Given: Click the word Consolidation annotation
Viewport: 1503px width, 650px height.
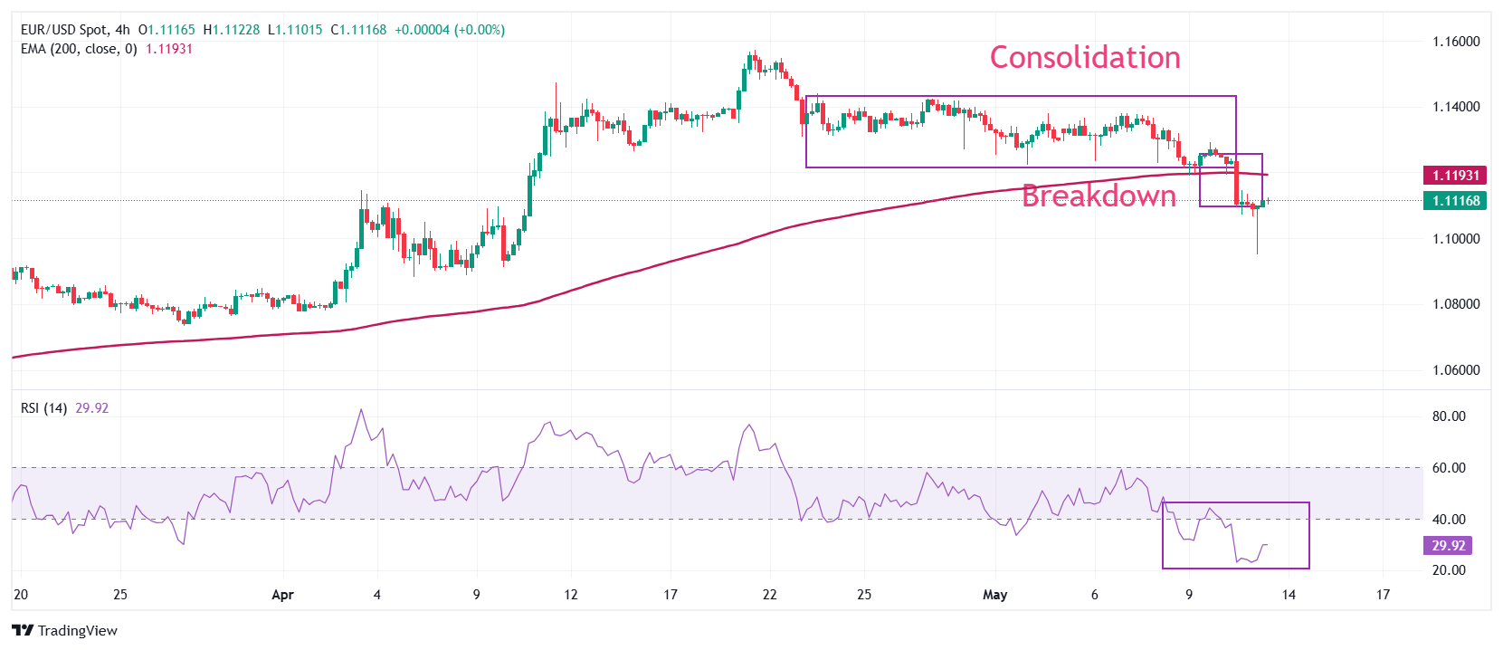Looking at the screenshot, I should pyautogui.click(x=1084, y=58).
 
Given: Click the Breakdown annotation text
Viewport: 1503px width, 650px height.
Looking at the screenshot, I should pyautogui.click(x=1099, y=196).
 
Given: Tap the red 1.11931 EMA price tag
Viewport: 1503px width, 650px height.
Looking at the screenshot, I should pyautogui.click(x=1455, y=176).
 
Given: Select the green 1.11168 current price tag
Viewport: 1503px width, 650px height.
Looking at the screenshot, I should pyautogui.click(x=1455, y=201).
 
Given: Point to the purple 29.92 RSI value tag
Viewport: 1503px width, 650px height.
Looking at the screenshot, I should pyautogui.click(x=1448, y=546).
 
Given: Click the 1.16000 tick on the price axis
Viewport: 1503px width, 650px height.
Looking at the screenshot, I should pyautogui.click(x=1456, y=42).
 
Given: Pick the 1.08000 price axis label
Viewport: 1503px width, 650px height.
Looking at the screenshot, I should pyautogui.click(x=1456, y=304).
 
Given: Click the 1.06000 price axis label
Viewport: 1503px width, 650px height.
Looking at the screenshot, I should pyautogui.click(x=1456, y=370).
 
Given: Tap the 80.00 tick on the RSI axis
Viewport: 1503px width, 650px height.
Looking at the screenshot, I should pyautogui.click(x=1448, y=416).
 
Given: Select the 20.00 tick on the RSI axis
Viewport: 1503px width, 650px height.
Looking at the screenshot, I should pyautogui.click(x=1448, y=570).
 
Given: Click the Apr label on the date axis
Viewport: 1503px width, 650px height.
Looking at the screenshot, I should pyautogui.click(x=283, y=595).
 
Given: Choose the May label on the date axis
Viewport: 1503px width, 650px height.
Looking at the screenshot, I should pyautogui.click(x=994, y=595).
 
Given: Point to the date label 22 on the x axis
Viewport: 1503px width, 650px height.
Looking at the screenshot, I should pyautogui.click(x=769, y=595).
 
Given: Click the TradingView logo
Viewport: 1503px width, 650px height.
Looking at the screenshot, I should pyautogui.click(x=65, y=631).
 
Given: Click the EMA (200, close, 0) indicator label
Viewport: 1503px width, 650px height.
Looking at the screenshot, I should pyautogui.click(x=79, y=49).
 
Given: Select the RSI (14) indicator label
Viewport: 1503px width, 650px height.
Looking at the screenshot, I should pyautogui.click(x=43, y=408).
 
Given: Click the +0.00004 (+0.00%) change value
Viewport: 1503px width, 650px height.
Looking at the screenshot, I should pyautogui.click(x=450, y=30).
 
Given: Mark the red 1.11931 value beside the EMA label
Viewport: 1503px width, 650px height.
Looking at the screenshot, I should pyautogui.click(x=169, y=49).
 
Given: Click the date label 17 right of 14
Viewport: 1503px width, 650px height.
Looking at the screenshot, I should pyautogui.click(x=1383, y=595).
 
